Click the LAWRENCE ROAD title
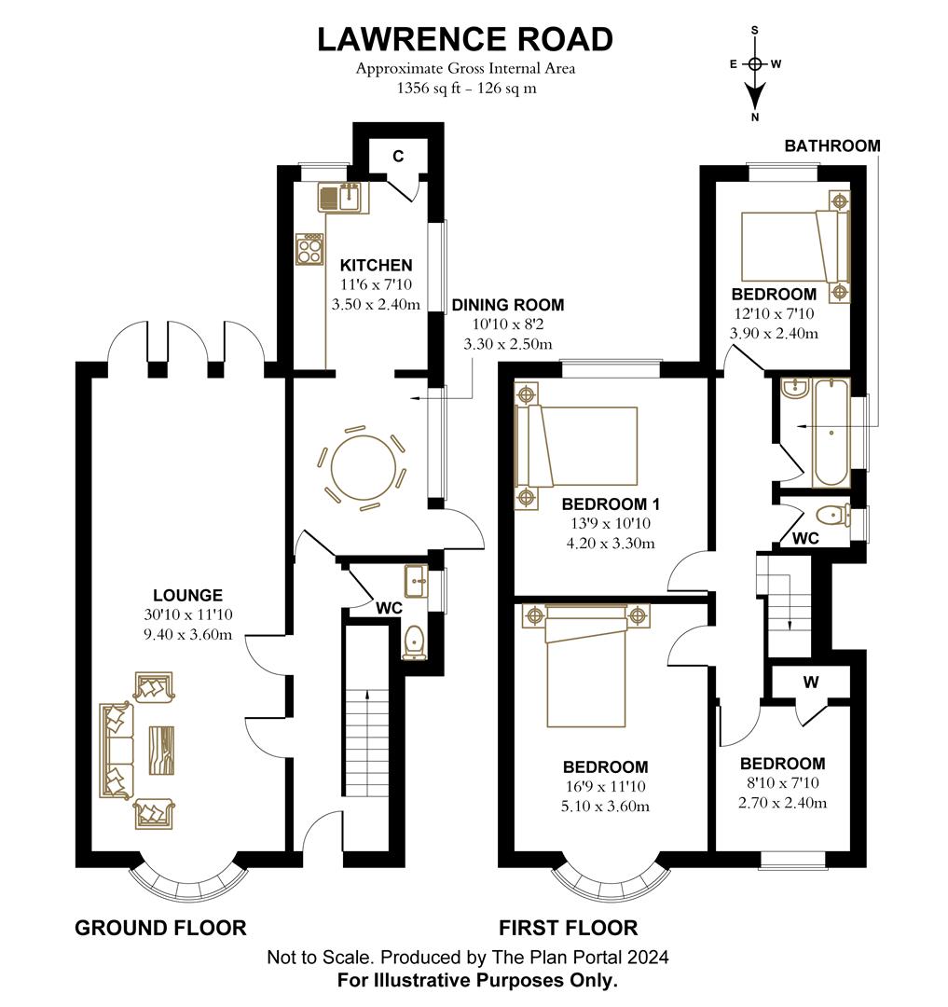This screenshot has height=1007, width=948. tap(465, 39)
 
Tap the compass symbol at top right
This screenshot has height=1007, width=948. tap(755, 65)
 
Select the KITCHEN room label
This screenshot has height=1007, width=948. tap(376, 266)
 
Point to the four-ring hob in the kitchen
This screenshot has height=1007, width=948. tap(310, 248)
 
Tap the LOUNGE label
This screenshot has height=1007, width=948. tap(188, 595)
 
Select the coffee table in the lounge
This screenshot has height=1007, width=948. tap(160, 748)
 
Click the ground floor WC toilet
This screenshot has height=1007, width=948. tap(415, 641)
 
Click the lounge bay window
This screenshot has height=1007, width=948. tap(189, 879)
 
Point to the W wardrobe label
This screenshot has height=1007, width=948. tap(810, 682)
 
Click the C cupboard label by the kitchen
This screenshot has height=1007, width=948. tap(397, 157)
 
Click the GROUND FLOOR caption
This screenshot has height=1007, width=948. tap(160, 928)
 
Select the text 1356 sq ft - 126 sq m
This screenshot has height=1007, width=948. tap(465, 90)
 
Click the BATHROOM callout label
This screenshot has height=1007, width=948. tap(831, 145)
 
